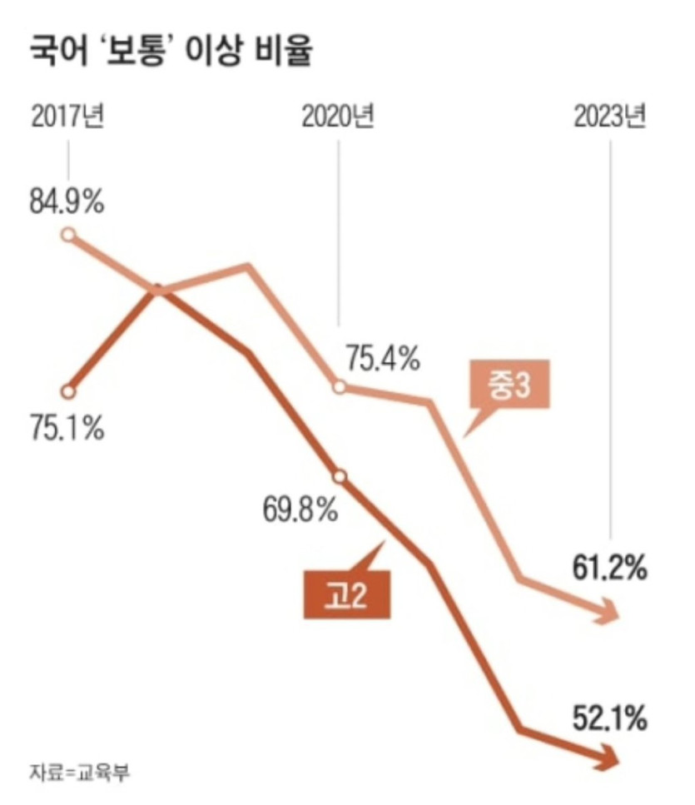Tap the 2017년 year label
point(67,117)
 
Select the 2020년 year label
point(338,117)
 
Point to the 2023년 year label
point(609,117)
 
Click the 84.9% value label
point(67,202)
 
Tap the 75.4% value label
point(383,360)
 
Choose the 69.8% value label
point(300,508)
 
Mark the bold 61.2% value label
point(609,569)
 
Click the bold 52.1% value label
point(609,718)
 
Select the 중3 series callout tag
point(509,388)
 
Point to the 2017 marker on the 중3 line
point(69,234)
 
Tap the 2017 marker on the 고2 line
point(69,390)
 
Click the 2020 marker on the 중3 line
point(339,387)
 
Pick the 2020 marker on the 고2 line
point(339,477)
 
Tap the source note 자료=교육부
point(80,771)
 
